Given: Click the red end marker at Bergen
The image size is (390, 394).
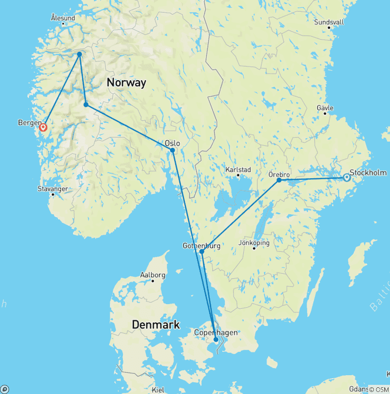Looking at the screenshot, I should (x=43, y=127).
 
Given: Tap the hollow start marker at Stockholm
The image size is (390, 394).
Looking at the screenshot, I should (x=346, y=178).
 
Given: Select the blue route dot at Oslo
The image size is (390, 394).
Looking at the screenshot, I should (x=173, y=150).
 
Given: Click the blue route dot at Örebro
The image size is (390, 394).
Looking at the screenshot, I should (x=279, y=180).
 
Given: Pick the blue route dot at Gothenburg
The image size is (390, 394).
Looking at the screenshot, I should (x=202, y=251).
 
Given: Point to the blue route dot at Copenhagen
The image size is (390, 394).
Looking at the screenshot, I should (x=216, y=340).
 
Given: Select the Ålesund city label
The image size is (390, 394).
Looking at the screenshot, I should (x=63, y=18).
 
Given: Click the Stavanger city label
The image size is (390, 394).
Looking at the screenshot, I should (x=53, y=189).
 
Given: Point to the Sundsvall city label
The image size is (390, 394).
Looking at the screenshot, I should (x=329, y=22).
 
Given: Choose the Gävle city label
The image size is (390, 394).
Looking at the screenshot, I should (x=325, y=108).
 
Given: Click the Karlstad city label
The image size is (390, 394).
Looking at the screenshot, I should (x=238, y=170).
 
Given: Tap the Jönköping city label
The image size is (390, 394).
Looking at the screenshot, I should (x=254, y=243).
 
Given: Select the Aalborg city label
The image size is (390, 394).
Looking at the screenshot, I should (x=152, y=275).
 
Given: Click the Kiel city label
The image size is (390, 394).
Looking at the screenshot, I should (x=158, y=389).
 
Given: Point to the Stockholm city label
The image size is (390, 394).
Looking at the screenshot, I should (x=368, y=173).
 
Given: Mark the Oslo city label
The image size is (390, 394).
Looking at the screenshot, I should (x=173, y=143).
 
